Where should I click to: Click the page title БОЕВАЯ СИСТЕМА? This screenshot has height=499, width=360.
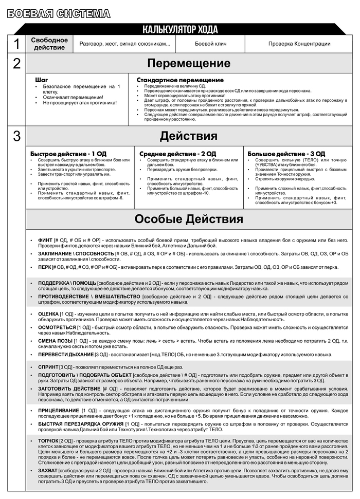tap(59, 14)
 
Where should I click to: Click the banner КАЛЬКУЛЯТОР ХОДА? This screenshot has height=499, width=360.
tap(179, 29)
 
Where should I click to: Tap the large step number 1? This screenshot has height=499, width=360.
tap(16, 44)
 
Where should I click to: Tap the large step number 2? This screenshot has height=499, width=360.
tap(16, 64)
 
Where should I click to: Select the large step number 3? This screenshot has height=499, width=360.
tap(16, 136)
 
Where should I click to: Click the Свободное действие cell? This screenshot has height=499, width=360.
tap(49, 44)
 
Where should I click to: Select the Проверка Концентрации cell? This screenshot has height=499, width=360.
tap(299, 44)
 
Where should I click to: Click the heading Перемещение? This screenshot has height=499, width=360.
tap(189, 63)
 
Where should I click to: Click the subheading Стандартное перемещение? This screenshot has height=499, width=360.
tap(180, 80)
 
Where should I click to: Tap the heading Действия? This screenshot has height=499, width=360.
tap(189, 136)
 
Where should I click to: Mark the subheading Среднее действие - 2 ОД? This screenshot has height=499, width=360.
tap(178, 154)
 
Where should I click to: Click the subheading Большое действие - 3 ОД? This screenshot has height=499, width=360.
tap(286, 154)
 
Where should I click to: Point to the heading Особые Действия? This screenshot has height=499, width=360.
tap(189, 219)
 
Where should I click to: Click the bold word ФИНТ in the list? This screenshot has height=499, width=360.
tap(45, 240)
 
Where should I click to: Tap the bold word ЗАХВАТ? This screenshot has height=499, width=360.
tap(48, 470)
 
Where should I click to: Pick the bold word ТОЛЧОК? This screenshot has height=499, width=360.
tap(48, 440)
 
